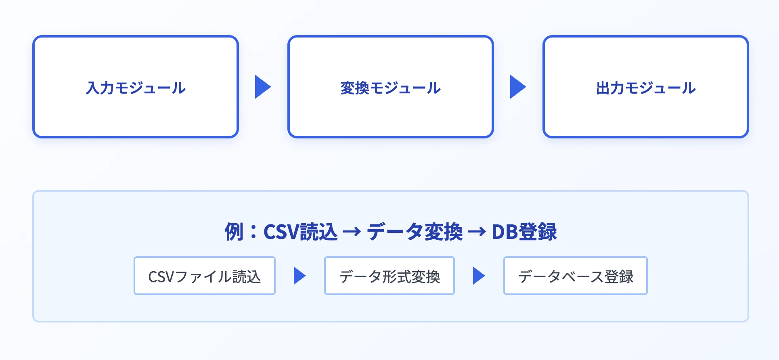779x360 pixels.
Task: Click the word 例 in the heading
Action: (x=234, y=232)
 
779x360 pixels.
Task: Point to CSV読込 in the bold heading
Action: (x=300, y=232)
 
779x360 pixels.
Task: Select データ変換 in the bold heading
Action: (x=415, y=232)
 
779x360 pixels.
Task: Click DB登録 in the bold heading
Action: (x=524, y=232)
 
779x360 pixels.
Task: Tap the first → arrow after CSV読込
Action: (x=352, y=232)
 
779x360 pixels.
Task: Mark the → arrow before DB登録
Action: (x=477, y=232)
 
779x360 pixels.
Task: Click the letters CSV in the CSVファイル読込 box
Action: (x=161, y=277)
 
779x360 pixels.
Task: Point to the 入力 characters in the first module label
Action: (x=100, y=88)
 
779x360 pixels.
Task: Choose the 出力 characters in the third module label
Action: (x=610, y=88)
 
